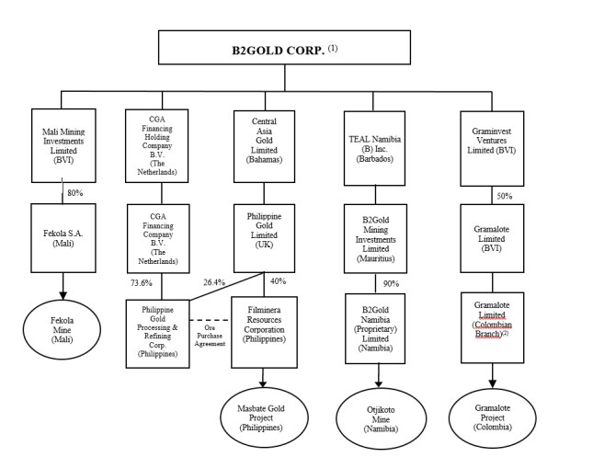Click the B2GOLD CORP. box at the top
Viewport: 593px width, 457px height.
pos(284,49)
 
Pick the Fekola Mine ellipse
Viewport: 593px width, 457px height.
pos(61,326)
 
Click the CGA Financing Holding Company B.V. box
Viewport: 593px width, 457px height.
pos(157,144)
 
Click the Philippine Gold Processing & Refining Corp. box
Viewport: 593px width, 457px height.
pos(157,332)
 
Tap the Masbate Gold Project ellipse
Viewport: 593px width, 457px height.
pos(264,412)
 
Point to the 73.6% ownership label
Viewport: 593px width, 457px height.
pos(141,282)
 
